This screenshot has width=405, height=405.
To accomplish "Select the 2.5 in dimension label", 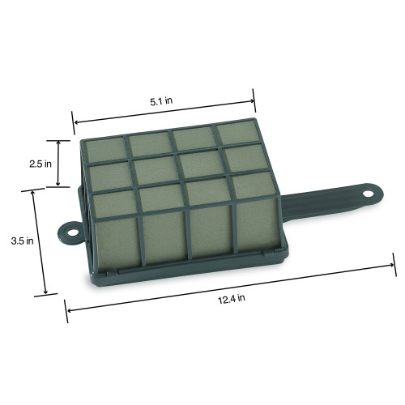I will click(40, 163).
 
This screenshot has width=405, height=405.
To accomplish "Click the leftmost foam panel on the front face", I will click(115, 241).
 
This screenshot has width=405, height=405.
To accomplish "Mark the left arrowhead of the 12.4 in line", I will click(68, 309).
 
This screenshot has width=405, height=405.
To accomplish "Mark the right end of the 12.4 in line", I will click(394, 263).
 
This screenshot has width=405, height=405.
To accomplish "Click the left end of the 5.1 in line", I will click(75, 123).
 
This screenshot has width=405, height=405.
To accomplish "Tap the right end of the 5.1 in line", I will click(254, 101).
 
